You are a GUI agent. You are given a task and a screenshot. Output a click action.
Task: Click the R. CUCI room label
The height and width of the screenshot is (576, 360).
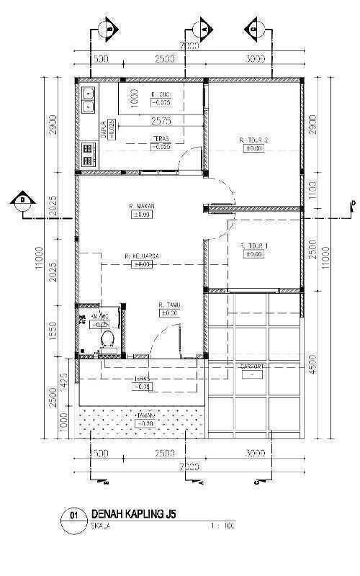point(160,94)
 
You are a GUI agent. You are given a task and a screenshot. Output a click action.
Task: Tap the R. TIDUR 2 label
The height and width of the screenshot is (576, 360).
point(254,140)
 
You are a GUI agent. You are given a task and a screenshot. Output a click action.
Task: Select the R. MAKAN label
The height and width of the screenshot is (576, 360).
point(143,207)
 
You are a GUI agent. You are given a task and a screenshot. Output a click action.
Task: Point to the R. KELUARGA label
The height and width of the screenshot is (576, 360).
point(142,256)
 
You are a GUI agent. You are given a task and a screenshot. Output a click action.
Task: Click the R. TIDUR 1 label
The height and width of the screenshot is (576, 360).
point(254,246)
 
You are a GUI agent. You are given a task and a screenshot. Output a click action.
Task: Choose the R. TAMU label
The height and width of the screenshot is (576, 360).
point(168,306)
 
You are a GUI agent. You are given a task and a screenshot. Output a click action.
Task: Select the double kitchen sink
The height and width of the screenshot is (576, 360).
point(90,99)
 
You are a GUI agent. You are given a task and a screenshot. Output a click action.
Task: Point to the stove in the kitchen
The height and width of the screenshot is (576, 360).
point(90,150)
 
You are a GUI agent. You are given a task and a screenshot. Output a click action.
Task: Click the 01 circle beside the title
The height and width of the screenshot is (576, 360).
point(72,516)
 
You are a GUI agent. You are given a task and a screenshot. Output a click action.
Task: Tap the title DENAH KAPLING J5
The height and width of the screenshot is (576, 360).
point(132,513)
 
